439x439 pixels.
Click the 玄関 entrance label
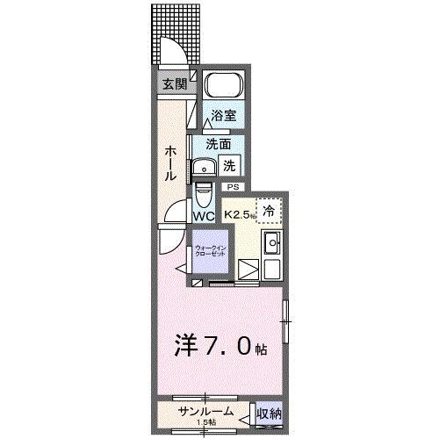[x=173, y=84]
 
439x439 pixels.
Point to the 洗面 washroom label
[x=219, y=143]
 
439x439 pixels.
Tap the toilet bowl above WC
[x=203, y=191]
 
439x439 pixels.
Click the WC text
[x=204, y=215]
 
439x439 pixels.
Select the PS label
[x=233, y=186]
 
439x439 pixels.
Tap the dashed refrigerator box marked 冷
[x=270, y=210]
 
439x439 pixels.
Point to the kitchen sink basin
[x=272, y=242]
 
